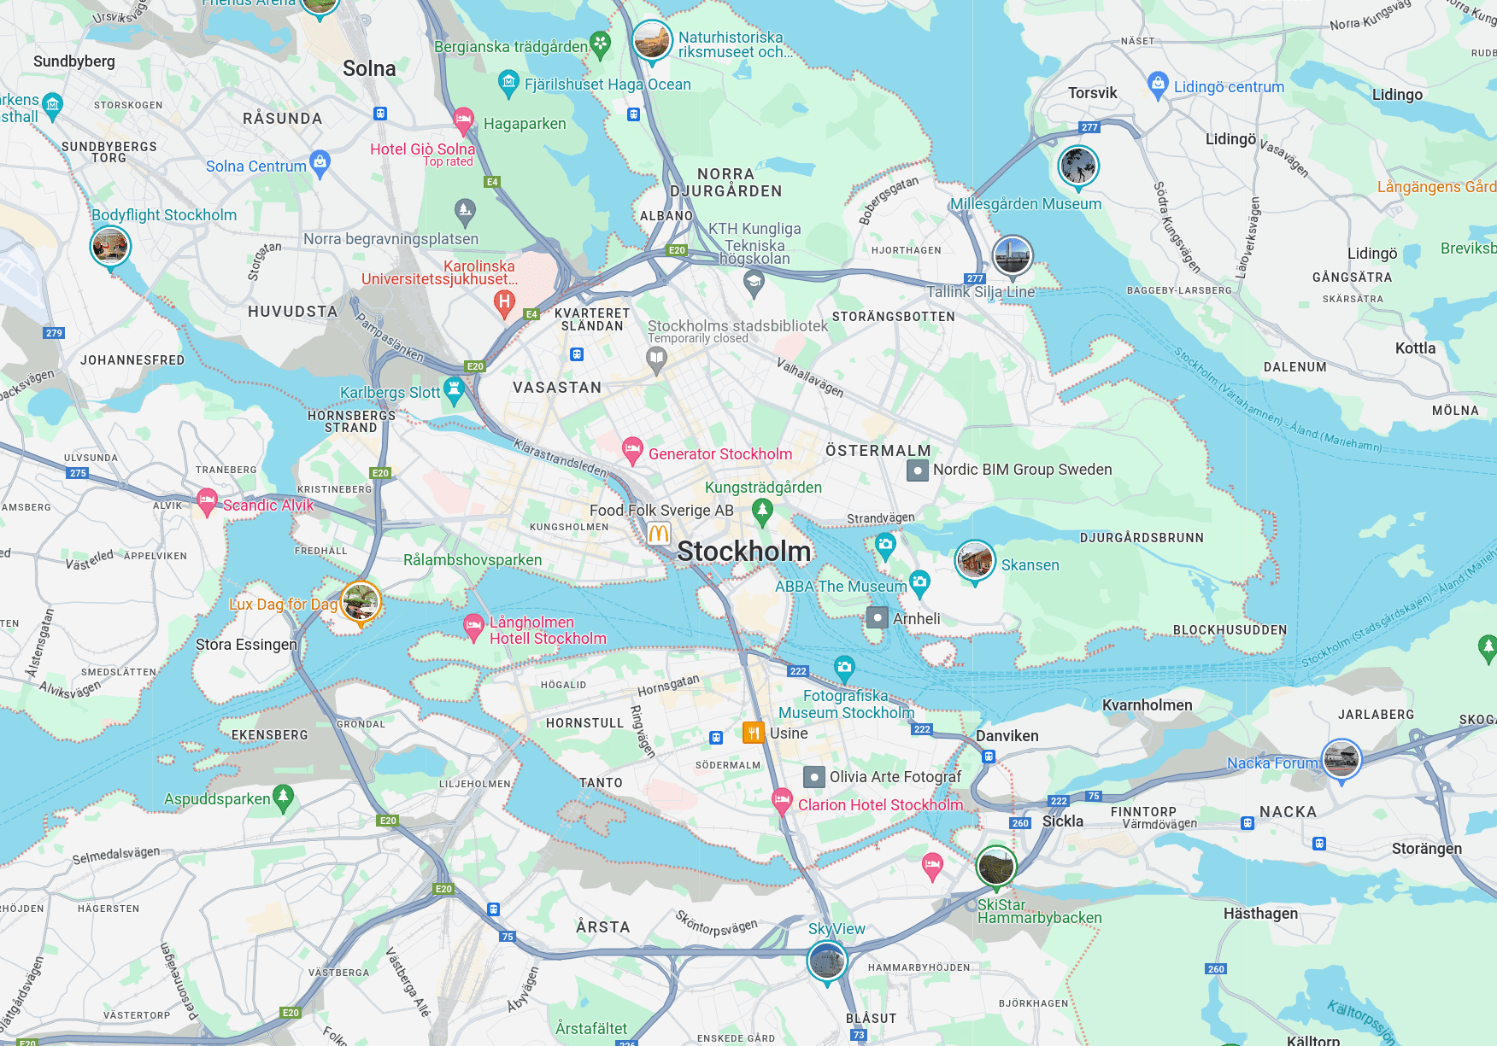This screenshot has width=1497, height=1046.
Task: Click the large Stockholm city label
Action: (x=743, y=552)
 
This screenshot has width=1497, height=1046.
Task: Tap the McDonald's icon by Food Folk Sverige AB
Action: (x=658, y=535)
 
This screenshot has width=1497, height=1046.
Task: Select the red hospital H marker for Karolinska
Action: (x=505, y=301)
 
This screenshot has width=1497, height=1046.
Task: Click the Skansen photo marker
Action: (x=974, y=561)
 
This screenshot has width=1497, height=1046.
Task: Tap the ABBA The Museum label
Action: (x=840, y=587)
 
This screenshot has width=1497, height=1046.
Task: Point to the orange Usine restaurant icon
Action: (x=753, y=733)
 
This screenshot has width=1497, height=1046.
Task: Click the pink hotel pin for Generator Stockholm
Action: (x=632, y=449)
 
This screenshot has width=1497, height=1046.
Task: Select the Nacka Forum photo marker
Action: (x=1341, y=758)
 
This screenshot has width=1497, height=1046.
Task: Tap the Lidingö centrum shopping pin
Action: (x=1158, y=84)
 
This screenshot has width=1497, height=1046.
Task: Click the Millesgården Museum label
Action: (x=1025, y=204)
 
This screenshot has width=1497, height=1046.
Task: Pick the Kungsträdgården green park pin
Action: (x=762, y=511)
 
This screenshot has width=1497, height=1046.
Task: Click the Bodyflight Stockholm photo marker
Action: (x=110, y=247)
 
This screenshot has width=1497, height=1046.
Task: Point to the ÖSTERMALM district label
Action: (x=878, y=451)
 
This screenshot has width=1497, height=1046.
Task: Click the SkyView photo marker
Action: (x=826, y=961)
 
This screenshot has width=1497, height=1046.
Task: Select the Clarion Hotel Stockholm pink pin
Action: (x=782, y=800)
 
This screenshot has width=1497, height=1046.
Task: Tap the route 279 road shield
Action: (x=54, y=333)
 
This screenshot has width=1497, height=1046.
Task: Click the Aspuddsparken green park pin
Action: (x=283, y=797)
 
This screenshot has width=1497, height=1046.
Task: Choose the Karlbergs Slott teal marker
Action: (x=455, y=390)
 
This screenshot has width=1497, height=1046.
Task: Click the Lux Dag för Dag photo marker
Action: (x=360, y=601)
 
